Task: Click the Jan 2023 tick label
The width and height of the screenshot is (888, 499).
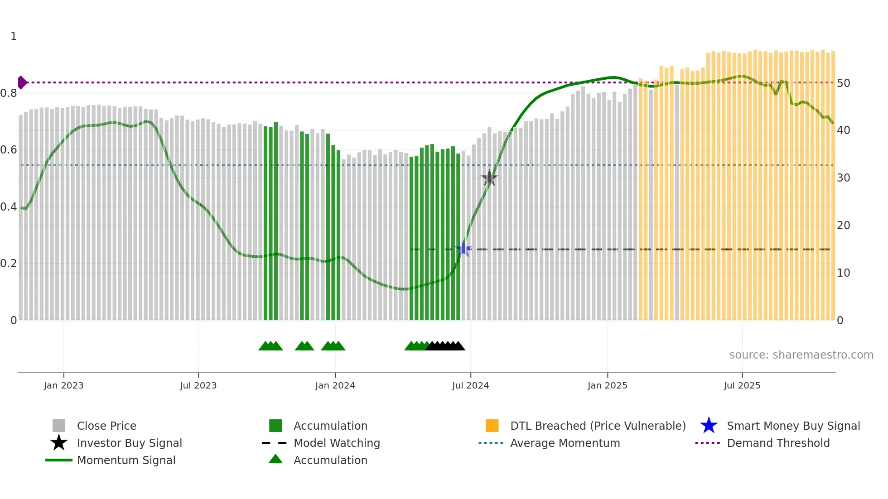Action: click(x=63, y=385)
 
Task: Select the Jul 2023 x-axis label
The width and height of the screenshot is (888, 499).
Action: click(x=198, y=385)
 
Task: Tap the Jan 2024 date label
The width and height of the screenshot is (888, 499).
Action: click(x=335, y=385)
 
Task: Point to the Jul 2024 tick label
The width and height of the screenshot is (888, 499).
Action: click(x=470, y=385)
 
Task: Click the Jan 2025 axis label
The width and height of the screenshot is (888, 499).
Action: click(x=607, y=385)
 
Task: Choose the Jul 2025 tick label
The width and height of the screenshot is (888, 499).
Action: click(x=742, y=385)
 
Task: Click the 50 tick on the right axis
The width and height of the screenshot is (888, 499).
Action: click(x=843, y=83)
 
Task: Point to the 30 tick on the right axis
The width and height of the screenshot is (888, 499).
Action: click(x=843, y=178)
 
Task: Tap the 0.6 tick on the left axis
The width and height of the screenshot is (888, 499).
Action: click(x=9, y=150)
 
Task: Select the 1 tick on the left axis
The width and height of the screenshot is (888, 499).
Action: click(x=14, y=36)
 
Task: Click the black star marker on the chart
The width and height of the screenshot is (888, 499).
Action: click(x=489, y=178)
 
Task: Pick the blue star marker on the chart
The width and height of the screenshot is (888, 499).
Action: click(x=464, y=249)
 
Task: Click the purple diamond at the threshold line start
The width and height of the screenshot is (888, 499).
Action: click(x=22, y=82)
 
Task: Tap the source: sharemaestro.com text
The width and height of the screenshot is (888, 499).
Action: click(x=801, y=355)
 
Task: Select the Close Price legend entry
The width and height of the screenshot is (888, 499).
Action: click(x=106, y=426)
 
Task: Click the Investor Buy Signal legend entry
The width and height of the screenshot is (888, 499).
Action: click(x=129, y=443)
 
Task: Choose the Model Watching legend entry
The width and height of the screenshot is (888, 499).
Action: click(x=336, y=443)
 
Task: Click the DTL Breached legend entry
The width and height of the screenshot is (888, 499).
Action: click(x=598, y=426)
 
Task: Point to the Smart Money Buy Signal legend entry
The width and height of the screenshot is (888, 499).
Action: click(x=793, y=426)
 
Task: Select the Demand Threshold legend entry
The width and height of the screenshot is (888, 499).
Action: click(x=778, y=443)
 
